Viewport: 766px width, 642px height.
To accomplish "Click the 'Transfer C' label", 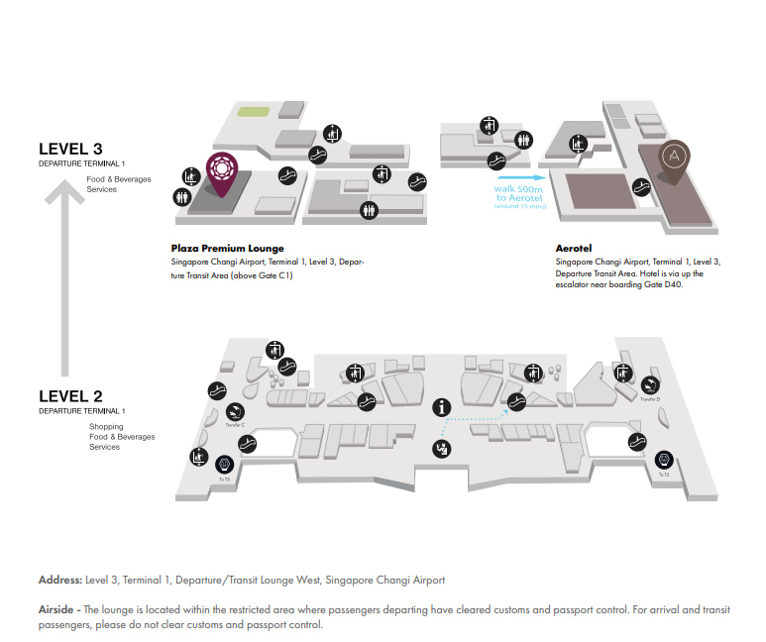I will tap(236, 424).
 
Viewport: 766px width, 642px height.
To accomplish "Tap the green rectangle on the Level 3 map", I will tap(256, 112).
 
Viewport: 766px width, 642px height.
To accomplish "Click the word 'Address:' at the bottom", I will tap(59, 580).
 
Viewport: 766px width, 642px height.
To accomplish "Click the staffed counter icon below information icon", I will tap(439, 450).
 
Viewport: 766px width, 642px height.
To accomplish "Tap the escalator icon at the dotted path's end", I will tap(514, 400).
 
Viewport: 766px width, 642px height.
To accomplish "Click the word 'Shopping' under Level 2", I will tap(106, 427).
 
